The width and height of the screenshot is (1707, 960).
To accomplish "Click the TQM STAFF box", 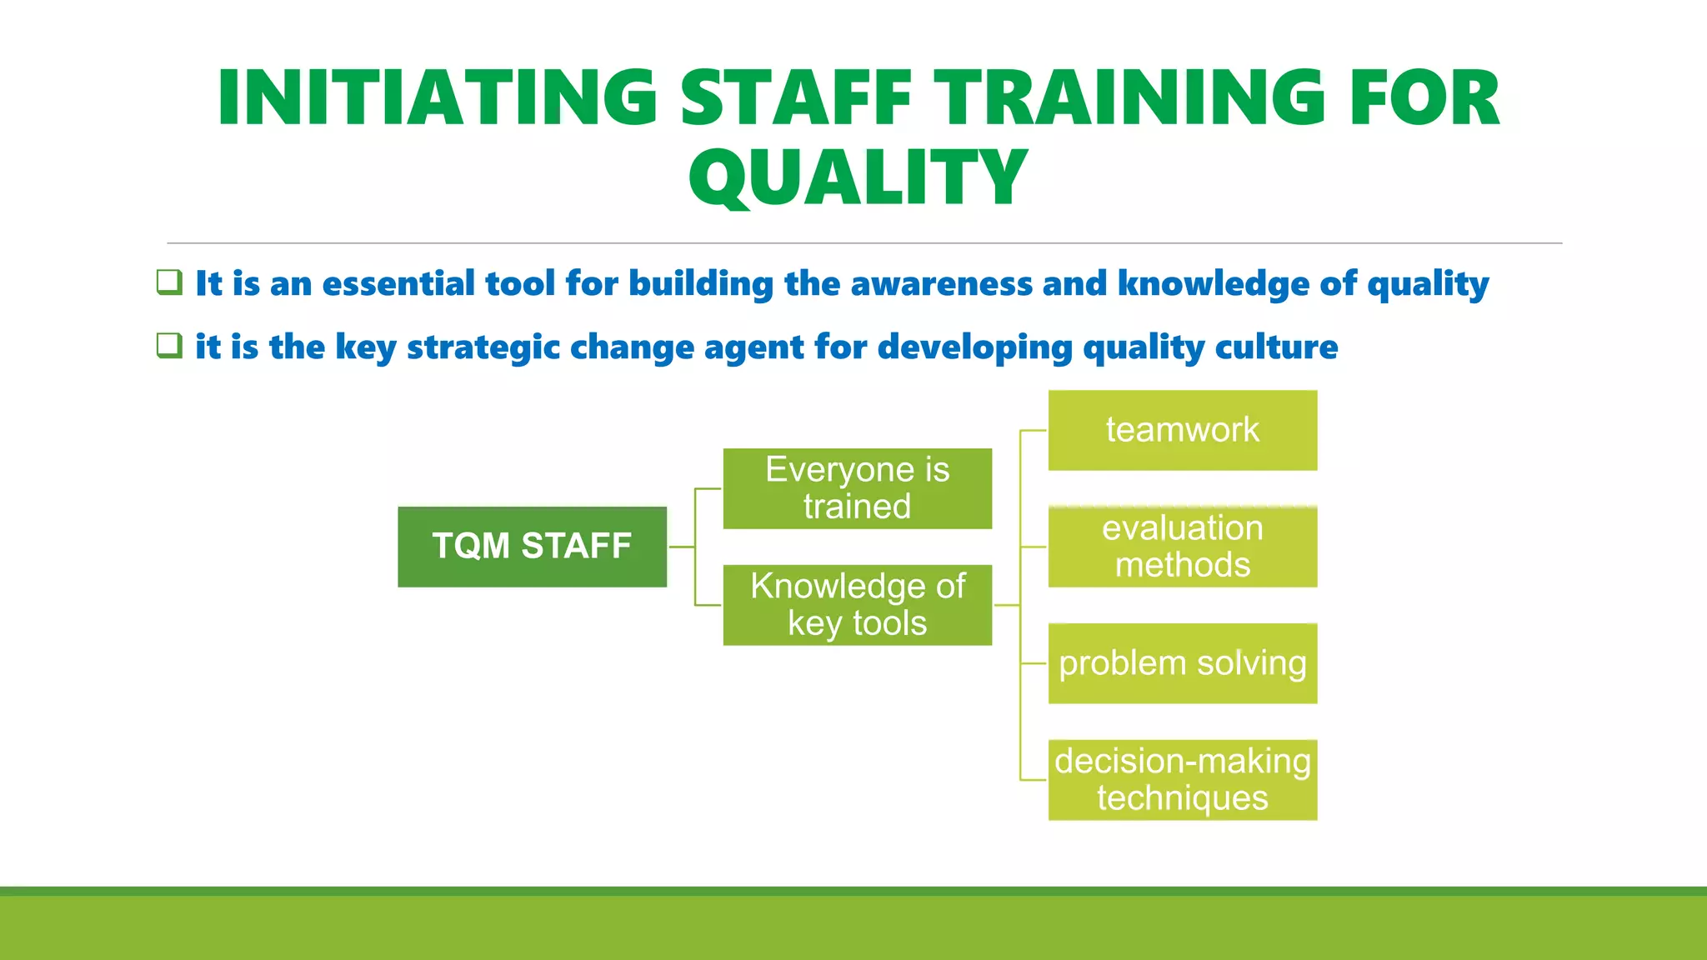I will [x=532, y=547].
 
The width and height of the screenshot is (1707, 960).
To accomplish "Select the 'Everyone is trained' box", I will [x=857, y=488].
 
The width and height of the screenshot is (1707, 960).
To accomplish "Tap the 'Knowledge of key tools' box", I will [x=857, y=605].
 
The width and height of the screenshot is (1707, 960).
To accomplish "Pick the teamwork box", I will [x=1182, y=430].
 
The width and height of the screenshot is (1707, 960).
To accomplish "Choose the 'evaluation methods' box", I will [x=1182, y=547].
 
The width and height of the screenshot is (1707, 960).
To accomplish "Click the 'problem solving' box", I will [x=1182, y=663].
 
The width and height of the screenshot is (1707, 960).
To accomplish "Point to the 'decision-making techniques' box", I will [x=1182, y=780].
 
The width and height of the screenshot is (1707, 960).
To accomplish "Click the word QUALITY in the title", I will [x=858, y=177].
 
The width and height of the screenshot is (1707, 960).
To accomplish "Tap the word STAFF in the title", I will [x=796, y=98].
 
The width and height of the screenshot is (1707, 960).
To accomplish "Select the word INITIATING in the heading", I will [x=438, y=98].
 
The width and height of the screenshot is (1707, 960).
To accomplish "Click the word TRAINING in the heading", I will [x=1129, y=98].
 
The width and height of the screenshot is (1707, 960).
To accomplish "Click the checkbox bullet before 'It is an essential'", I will [x=169, y=282].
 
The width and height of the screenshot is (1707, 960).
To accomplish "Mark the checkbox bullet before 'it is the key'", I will [x=169, y=345].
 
